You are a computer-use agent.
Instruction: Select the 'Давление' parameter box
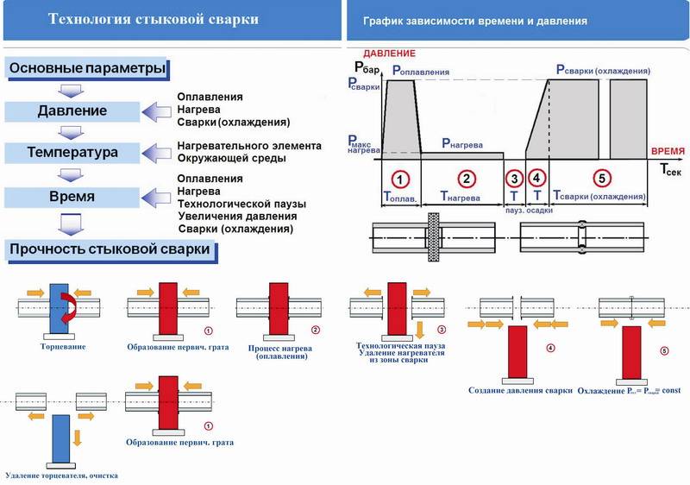coord(72,110)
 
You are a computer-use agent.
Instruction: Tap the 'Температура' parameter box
coord(72,154)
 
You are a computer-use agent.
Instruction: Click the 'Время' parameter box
coord(72,197)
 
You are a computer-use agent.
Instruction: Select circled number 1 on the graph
coord(399,179)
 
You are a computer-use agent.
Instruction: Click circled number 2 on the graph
coord(467,179)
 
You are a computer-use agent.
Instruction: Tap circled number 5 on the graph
coord(601,179)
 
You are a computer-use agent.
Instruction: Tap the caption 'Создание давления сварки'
coord(520,390)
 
